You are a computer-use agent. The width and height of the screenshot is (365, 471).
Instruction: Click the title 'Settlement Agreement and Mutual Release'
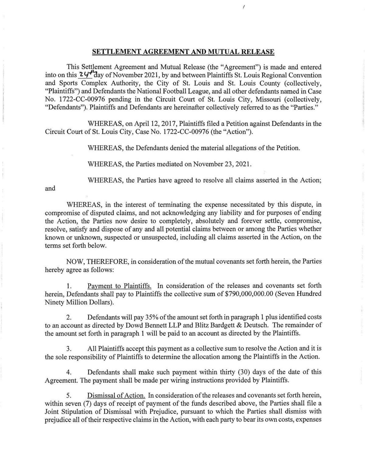click(183, 52)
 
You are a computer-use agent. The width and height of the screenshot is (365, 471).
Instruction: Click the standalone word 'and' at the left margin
click(50, 188)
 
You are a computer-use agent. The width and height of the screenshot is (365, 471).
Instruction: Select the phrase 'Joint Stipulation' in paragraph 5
click(66, 412)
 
